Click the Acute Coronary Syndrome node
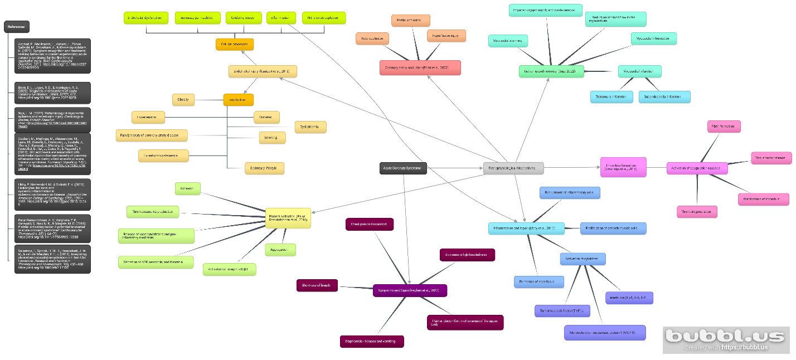(403, 168)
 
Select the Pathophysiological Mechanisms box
(513, 168)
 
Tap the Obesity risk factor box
(183, 100)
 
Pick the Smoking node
(272, 137)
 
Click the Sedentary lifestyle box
(264, 168)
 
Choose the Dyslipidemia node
(310, 127)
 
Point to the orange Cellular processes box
(235, 44)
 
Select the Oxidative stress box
(244, 18)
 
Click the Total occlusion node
(372, 38)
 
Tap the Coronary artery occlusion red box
(420, 68)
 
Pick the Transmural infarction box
(611, 97)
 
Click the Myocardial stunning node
(508, 41)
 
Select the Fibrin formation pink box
(724, 127)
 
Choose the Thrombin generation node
(697, 212)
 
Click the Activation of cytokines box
(583, 259)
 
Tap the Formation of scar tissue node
(538, 281)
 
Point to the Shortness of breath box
(317, 285)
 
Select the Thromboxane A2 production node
(153, 212)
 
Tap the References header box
(17, 27)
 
